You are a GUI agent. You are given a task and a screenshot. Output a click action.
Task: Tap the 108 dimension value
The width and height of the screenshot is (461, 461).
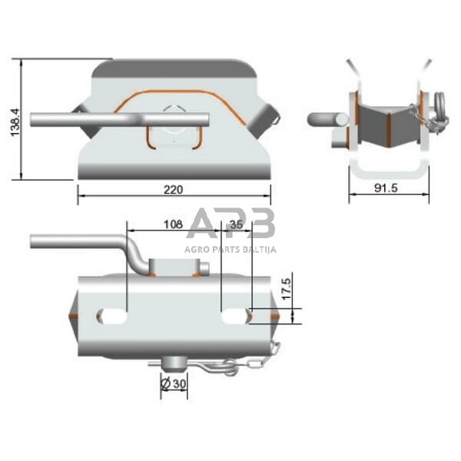click(174, 226)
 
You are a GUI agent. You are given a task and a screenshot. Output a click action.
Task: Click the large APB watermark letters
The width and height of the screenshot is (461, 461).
click(231, 225)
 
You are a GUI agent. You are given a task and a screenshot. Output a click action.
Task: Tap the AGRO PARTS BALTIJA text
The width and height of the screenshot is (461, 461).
click(230, 249)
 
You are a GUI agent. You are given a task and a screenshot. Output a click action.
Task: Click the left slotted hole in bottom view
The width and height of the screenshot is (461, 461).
click(112, 315)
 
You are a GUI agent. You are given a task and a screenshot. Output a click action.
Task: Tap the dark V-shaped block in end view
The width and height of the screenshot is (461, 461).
click(388, 127)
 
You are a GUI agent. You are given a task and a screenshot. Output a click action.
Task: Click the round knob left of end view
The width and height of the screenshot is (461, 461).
click(320, 120)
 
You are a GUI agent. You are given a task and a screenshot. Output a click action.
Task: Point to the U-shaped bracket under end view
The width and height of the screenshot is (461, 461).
click(388, 169)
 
